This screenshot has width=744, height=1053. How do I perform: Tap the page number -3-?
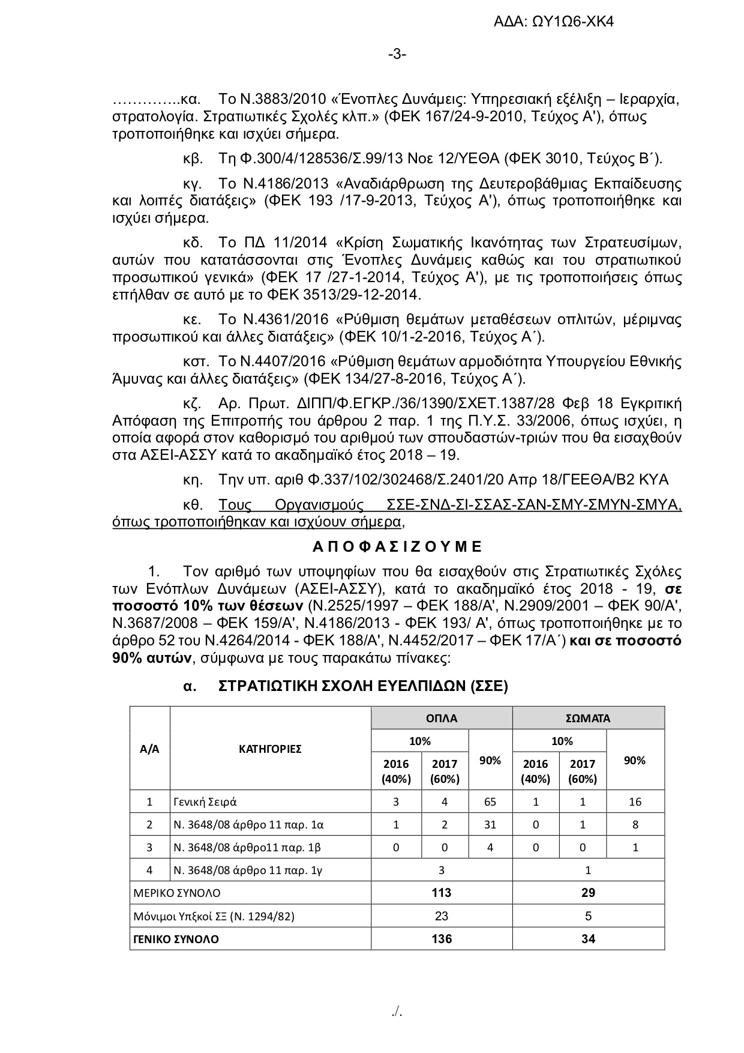click(x=397, y=55)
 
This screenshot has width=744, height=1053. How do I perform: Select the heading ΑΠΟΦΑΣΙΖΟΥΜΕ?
click(x=397, y=546)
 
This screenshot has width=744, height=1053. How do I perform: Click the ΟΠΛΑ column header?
click(x=442, y=718)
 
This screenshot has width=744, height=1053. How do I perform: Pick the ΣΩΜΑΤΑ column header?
click(x=588, y=718)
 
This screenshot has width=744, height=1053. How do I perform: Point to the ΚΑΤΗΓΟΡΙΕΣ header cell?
click(x=270, y=749)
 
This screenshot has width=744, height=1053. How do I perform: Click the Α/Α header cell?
click(x=149, y=749)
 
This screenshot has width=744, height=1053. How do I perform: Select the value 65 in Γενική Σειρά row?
click(x=490, y=801)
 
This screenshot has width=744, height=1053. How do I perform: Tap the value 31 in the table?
click(x=490, y=824)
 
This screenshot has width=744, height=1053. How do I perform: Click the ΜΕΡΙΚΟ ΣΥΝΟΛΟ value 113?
click(x=442, y=893)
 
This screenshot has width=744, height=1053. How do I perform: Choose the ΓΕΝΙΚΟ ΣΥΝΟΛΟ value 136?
click(x=442, y=939)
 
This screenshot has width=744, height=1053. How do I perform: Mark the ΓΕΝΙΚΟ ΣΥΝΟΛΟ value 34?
click(x=588, y=939)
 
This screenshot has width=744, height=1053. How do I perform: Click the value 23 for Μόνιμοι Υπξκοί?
click(x=442, y=916)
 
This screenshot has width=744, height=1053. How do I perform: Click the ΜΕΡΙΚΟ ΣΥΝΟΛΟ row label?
click(x=177, y=893)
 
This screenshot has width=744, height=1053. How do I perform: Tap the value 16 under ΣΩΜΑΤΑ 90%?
click(x=635, y=801)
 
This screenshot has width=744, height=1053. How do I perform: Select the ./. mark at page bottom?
click(x=397, y=1012)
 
